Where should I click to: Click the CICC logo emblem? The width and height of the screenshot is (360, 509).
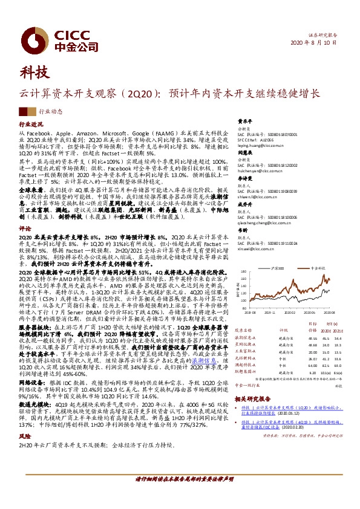28,37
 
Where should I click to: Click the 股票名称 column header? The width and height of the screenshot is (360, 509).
243,331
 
